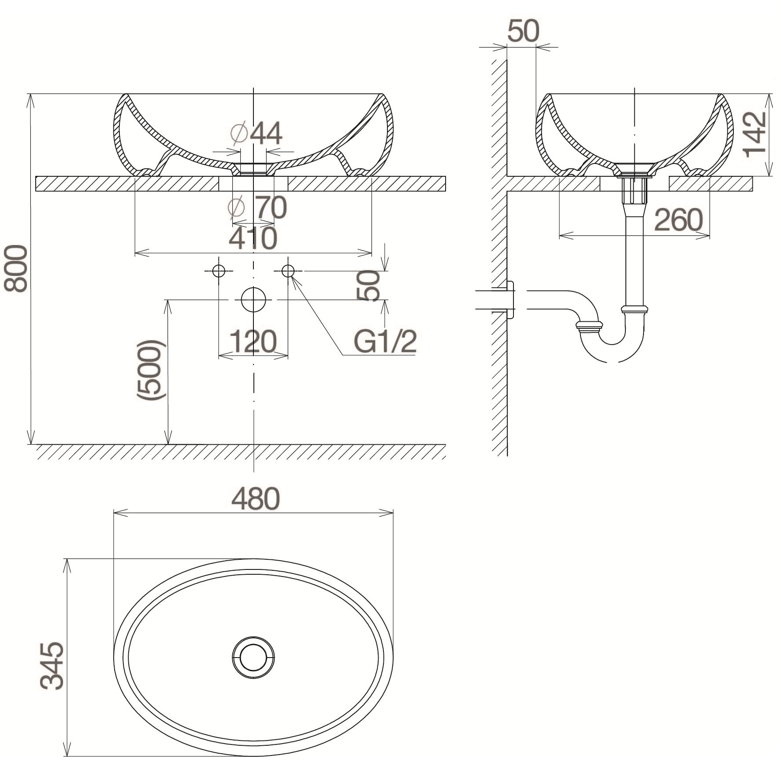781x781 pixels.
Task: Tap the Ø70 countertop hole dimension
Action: (x=258, y=208)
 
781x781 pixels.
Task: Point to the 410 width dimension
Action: (x=253, y=238)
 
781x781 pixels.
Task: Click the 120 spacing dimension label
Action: (x=253, y=342)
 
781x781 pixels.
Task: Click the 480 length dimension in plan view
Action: (x=256, y=499)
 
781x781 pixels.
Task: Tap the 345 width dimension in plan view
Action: (x=52, y=666)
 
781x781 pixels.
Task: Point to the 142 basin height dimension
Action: (x=755, y=134)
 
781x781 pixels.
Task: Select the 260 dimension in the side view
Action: (x=678, y=220)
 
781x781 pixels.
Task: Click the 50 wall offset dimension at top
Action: (x=523, y=31)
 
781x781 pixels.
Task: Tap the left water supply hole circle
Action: (x=219, y=271)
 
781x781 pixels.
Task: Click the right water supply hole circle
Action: (x=288, y=271)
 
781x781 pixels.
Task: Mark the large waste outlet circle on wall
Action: (x=253, y=300)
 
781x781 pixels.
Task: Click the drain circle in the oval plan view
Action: (x=253, y=657)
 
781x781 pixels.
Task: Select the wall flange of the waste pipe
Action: (x=510, y=300)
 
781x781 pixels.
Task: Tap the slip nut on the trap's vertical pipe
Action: (x=635, y=309)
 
